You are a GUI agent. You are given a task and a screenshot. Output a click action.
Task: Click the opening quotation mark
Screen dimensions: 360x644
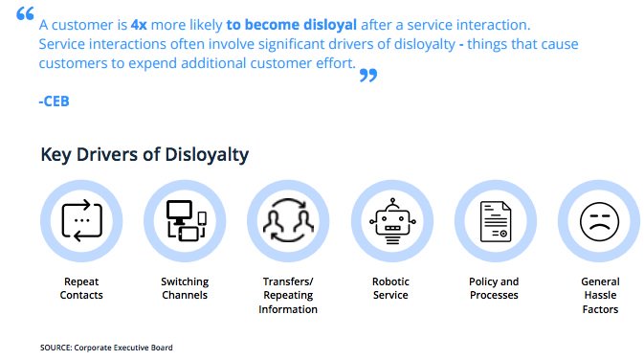tap(25, 15)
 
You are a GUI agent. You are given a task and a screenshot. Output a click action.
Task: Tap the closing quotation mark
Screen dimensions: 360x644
tap(368, 76)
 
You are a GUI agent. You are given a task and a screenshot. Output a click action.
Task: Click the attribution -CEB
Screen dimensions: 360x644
tap(54, 101)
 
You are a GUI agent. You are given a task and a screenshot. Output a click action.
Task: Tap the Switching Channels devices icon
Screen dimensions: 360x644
tap(185, 221)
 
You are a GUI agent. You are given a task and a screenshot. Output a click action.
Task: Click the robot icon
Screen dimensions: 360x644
tap(391, 221)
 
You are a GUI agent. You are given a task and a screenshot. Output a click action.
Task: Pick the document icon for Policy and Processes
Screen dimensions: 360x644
tap(495, 221)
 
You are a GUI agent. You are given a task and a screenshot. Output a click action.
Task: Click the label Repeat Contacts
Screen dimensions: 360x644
tap(81, 288)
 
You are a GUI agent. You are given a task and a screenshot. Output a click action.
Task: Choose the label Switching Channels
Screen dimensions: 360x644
tap(185, 288)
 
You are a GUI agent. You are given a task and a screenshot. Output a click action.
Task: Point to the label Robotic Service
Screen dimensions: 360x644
tap(391, 288)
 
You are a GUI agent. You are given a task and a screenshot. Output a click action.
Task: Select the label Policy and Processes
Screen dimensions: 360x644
tap(495, 288)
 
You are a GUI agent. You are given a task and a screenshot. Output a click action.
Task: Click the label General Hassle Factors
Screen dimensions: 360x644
tap(600, 295)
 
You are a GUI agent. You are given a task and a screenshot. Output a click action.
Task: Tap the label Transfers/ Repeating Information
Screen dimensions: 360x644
tap(288, 295)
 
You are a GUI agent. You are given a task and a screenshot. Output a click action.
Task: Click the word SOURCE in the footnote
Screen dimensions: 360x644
tap(56, 348)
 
